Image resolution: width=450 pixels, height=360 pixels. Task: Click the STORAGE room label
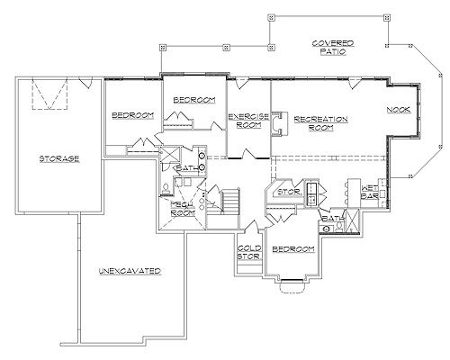(59, 158)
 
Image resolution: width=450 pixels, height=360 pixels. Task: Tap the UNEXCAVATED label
(130, 271)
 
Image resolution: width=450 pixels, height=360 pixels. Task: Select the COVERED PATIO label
(333, 48)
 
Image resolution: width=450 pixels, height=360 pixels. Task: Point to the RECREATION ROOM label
(321, 123)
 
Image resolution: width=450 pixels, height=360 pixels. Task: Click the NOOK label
(399, 110)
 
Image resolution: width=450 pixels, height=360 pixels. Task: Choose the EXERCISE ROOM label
(248, 121)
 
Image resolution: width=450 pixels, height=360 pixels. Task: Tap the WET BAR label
(369, 193)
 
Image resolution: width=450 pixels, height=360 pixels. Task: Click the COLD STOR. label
(249, 252)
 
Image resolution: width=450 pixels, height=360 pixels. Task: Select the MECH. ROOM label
(183, 209)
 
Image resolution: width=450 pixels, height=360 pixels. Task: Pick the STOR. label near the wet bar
(289, 192)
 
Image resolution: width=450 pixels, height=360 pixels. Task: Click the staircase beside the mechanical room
(230, 200)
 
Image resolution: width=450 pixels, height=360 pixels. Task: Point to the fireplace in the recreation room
(278, 124)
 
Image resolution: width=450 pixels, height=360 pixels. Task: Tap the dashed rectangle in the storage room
(49, 94)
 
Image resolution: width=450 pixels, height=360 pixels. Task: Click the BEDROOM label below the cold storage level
(293, 249)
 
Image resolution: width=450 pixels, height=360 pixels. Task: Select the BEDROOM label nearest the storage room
(132, 115)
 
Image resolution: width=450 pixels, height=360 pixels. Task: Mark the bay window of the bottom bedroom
(292, 285)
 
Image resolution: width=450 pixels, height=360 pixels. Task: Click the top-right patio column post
(387, 17)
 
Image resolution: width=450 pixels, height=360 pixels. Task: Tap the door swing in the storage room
(86, 83)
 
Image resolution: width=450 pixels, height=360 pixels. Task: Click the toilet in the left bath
(166, 189)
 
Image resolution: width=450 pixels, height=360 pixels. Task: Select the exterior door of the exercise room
(242, 83)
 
